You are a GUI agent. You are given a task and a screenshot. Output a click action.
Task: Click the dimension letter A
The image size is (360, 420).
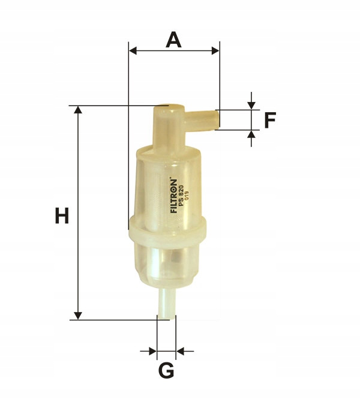[173, 40]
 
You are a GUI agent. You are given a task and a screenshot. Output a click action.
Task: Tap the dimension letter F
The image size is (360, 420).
[270, 120]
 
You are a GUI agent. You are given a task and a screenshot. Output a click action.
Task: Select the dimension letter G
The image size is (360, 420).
[166, 370]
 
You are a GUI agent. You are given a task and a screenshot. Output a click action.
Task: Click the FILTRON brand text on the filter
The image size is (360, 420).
[173, 195]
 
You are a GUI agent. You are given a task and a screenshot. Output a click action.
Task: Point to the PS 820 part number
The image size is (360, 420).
[181, 196]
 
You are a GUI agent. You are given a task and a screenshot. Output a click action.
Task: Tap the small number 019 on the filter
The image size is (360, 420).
[187, 196]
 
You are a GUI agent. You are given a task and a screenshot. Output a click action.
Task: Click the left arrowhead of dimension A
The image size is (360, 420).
[133, 50]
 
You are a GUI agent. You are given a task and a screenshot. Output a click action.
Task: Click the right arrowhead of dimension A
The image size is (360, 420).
[215, 50]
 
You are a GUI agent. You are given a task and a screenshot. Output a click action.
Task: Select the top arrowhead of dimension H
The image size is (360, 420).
[78, 110]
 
